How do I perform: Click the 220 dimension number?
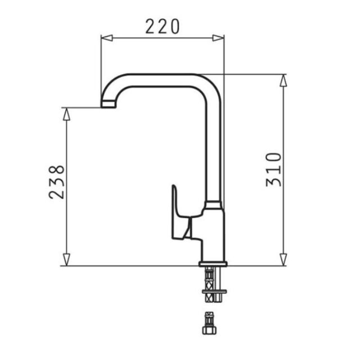pos(163,26)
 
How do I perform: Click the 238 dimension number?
pos(56,182)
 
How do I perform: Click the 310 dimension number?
pos(273,169)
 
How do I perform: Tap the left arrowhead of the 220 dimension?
pos(107,38)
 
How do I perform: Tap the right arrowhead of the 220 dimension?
pos(218,38)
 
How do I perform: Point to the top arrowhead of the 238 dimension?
pos(66,114)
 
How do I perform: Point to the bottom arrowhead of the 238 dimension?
pos(66,260)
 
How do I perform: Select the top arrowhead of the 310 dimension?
pos(283,80)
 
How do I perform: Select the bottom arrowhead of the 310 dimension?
pos(283,260)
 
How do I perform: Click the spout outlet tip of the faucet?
pos(109,104)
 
